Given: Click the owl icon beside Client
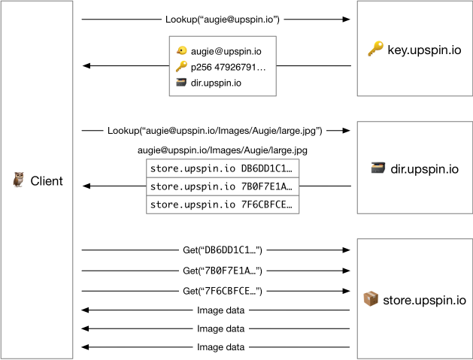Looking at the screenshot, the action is (x=18, y=180).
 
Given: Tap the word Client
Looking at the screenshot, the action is (x=47, y=181).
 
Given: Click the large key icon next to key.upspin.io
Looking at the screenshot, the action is (x=375, y=49).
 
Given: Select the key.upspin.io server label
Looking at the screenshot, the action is (x=424, y=50).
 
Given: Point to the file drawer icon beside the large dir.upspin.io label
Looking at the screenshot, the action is (x=378, y=168).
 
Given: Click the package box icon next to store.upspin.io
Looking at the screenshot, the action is (x=371, y=298).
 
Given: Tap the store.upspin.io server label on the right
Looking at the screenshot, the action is (x=424, y=301).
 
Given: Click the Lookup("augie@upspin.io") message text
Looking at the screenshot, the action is (x=223, y=20).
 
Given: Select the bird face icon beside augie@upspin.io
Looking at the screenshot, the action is (x=181, y=50).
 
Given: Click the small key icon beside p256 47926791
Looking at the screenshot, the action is (x=181, y=66).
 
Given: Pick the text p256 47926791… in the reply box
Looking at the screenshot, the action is (x=228, y=67).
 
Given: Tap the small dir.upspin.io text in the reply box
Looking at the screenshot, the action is (x=216, y=83).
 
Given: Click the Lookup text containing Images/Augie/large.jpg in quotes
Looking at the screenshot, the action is (x=215, y=131).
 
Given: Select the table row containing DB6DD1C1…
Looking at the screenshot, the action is (x=223, y=168).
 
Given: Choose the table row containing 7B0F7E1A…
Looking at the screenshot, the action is (x=223, y=186).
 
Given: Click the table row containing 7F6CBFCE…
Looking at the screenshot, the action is (x=223, y=204).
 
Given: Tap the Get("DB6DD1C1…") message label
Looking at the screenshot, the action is (x=223, y=250).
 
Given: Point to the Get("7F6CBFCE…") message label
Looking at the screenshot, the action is (x=223, y=291).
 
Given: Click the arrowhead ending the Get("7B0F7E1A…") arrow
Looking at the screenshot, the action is (x=346, y=271).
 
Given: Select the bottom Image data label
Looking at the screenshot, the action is (x=221, y=347).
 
